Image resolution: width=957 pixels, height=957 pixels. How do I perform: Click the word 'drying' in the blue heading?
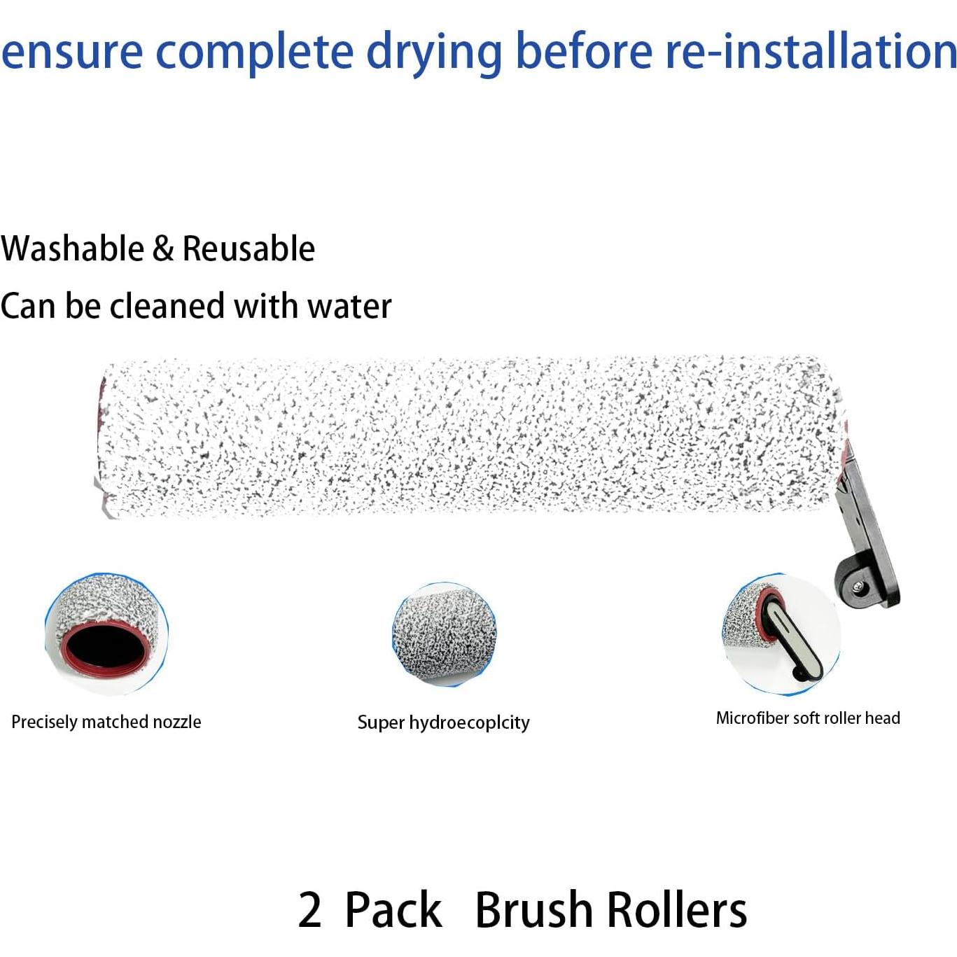click(x=434, y=53)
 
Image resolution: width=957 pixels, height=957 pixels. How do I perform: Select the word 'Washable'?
click(x=72, y=249)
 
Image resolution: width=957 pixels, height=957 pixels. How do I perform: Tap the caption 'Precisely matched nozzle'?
click(x=106, y=722)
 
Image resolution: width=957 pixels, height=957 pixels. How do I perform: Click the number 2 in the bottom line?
click(x=309, y=909)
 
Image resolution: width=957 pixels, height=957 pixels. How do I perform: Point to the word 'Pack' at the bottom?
click(x=393, y=909)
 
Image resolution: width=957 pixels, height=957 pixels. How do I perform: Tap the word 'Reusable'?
click(x=249, y=249)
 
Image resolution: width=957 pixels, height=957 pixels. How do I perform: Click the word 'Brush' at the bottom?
click(x=533, y=909)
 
